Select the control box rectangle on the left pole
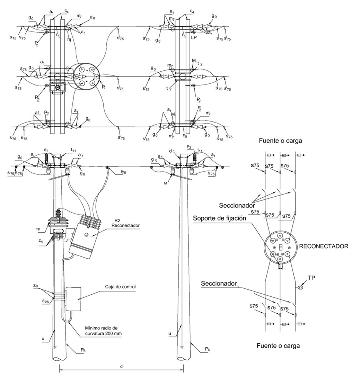coord(73,299)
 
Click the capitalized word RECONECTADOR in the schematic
coord(323,246)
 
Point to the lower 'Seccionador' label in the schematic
coord(219,283)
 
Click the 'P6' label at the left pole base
coord(79,350)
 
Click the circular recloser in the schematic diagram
coord(281,246)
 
